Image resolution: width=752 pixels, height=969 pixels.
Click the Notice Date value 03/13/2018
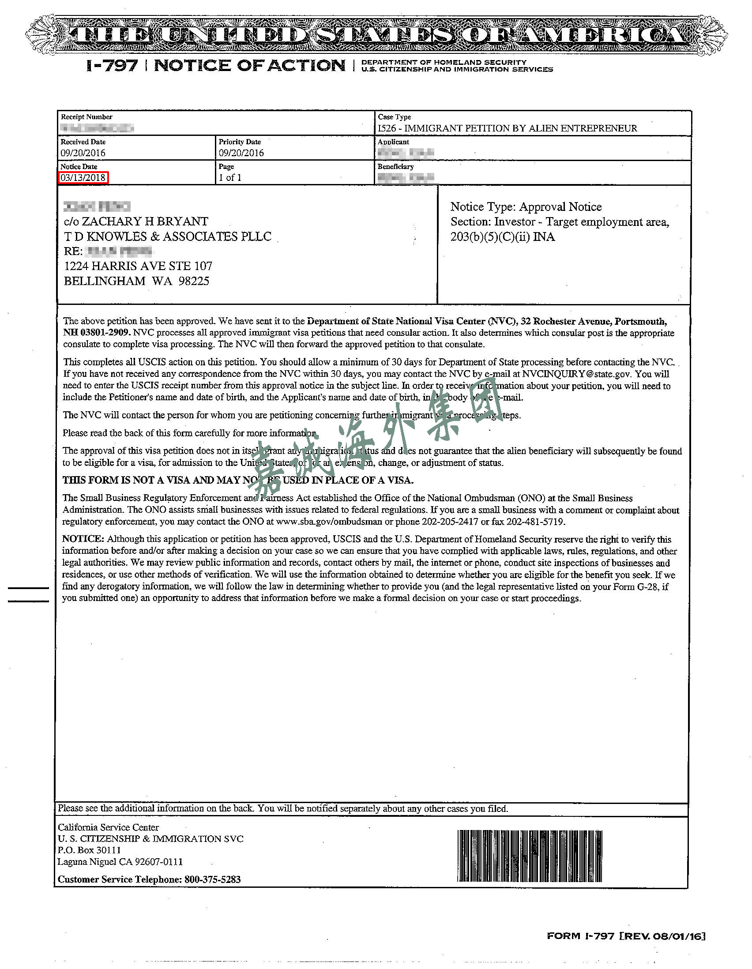[x=83, y=178]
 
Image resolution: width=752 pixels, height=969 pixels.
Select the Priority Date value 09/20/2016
[x=241, y=153]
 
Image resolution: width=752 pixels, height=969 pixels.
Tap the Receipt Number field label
[x=86, y=117]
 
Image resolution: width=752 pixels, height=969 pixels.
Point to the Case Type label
[x=394, y=117]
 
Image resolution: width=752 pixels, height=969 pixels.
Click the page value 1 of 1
[x=230, y=178]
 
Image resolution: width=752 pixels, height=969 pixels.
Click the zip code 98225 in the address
[x=194, y=281]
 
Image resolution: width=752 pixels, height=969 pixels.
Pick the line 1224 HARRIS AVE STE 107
[x=138, y=266]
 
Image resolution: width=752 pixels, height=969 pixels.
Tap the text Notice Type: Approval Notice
[x=526, y=207]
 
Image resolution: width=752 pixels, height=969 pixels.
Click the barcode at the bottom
[x=529, y=856]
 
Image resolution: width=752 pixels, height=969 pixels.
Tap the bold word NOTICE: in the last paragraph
[x=83, y=539]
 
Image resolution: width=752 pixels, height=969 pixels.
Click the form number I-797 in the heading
[x=112, y=66]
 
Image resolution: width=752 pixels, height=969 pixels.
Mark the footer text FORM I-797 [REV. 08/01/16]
[x=625, y=936]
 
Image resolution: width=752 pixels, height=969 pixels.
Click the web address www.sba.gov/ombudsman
[x=331, y=522]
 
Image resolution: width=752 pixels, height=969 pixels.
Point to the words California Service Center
[x=108, y=827]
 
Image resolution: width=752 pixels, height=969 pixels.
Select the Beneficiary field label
[x=395, y=167]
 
